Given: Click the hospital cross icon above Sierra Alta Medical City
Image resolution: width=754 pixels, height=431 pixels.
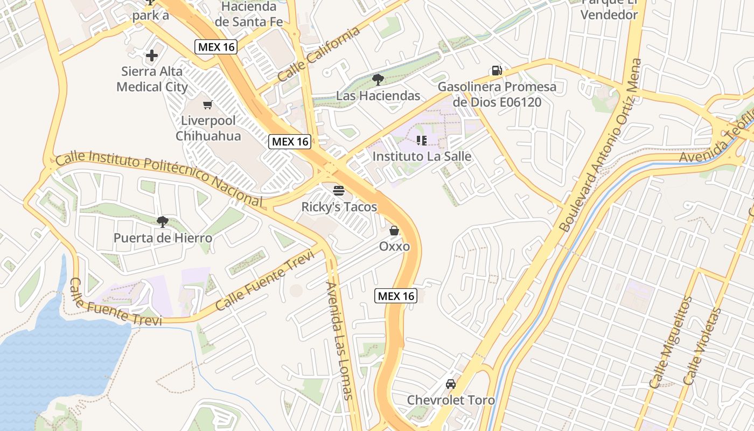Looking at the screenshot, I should pos(152,55).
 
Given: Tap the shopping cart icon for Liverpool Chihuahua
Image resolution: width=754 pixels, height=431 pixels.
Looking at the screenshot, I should pos(207,105).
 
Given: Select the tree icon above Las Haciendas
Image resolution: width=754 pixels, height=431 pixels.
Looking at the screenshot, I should pos(378,80).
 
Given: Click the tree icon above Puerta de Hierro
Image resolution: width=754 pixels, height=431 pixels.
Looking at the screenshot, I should pos(162,221).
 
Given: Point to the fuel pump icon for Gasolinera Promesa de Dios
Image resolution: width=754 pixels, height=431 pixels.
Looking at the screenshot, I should pos(497,71).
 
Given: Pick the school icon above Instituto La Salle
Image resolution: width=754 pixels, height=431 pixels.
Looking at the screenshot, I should pos(422,141).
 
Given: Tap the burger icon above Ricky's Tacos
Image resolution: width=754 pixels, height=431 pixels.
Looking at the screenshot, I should pos(339,190).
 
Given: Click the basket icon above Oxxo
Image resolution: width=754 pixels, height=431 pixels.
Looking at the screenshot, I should pos(394,231).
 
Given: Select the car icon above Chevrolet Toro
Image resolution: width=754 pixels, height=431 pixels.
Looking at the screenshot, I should pos(450,384).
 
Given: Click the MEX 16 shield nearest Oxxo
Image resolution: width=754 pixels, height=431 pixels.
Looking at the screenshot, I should pos(396,296).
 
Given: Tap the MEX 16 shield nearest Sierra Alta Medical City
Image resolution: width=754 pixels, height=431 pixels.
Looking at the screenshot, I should pos(216,47).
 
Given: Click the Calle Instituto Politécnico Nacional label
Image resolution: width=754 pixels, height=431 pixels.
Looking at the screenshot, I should pos(159,177).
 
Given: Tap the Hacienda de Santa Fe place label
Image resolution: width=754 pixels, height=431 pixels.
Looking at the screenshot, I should pos(249,14).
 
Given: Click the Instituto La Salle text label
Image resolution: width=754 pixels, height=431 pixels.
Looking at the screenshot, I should pos(422,157).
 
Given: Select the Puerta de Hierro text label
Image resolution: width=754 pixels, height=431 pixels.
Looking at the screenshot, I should pos(163,238).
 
